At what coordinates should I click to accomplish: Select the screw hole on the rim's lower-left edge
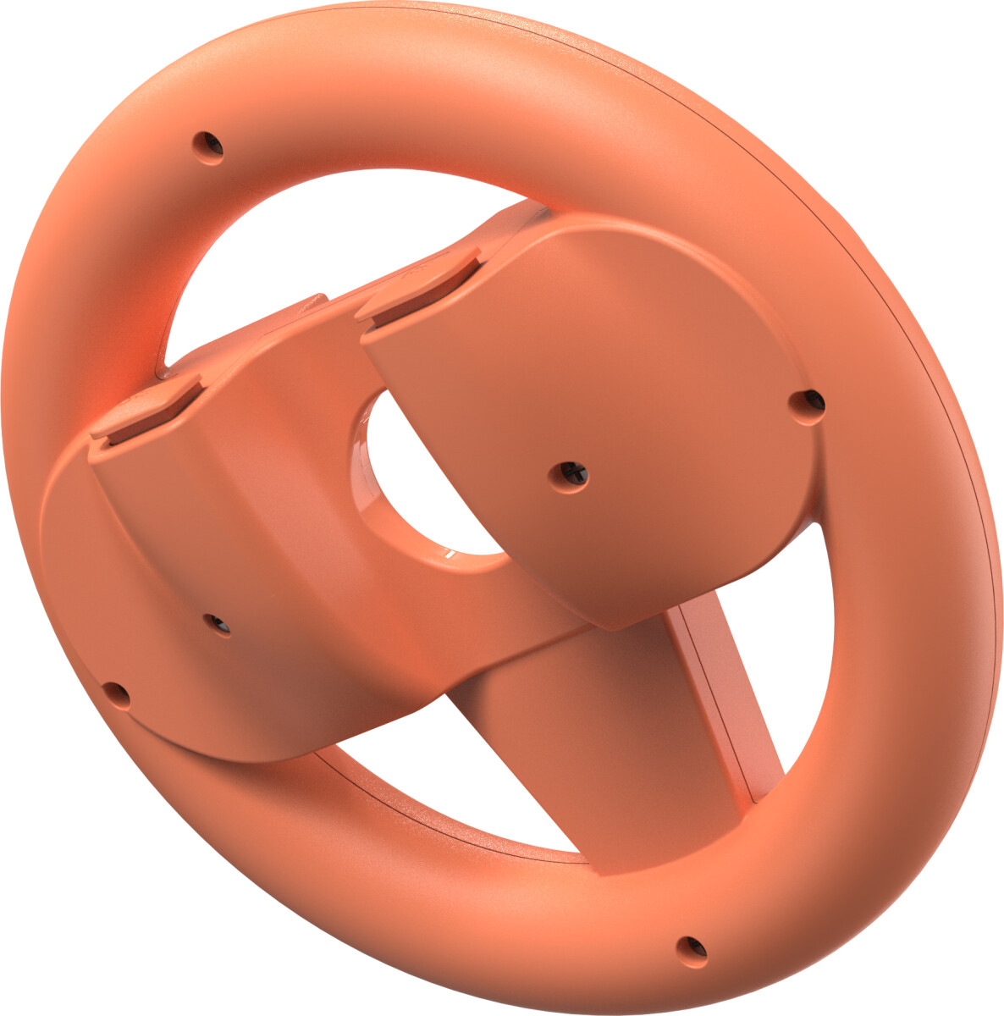click(x=116, y=694)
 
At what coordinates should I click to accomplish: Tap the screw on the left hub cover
click(x=218, y=624)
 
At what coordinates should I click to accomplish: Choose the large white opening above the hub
click(x=339, y=246)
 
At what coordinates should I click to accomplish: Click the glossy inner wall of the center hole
click(x=372, y=457)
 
